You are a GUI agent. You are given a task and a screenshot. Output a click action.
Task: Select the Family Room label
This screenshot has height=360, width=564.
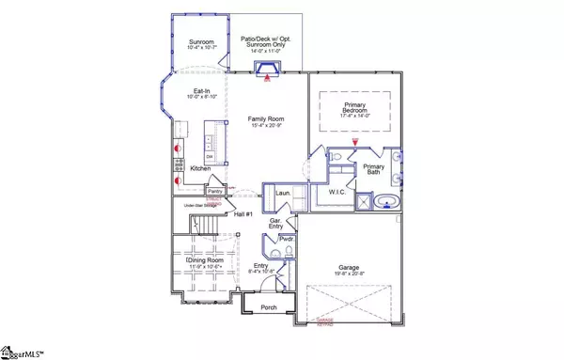tap(266, 119)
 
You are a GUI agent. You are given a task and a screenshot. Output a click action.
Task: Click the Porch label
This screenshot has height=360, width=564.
tap(268, 306)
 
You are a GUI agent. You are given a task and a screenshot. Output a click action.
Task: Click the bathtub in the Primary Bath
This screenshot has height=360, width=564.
tap(385, 201)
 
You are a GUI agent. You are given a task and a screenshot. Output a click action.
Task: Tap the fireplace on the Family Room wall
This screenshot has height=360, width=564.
tap(269, 68)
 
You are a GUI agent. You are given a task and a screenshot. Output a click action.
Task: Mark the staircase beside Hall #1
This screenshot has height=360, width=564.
tap(205, 226)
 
